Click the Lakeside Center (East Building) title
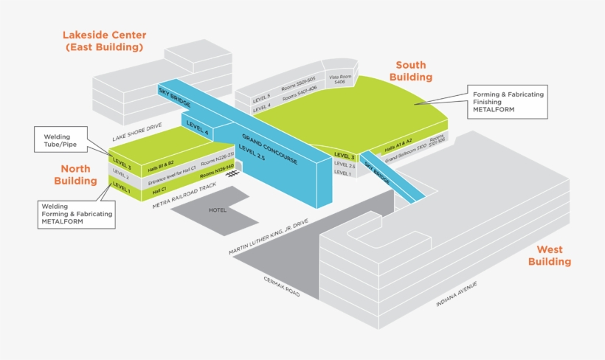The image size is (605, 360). click(104, 41)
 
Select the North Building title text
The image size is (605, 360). click(75, 175)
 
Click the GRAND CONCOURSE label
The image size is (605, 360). click(269, 149)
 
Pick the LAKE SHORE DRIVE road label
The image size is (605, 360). click(136, 132)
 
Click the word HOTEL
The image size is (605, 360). click(218, 210)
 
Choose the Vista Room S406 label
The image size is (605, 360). click(339, 79)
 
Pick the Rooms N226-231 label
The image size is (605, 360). click(217, 162)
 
